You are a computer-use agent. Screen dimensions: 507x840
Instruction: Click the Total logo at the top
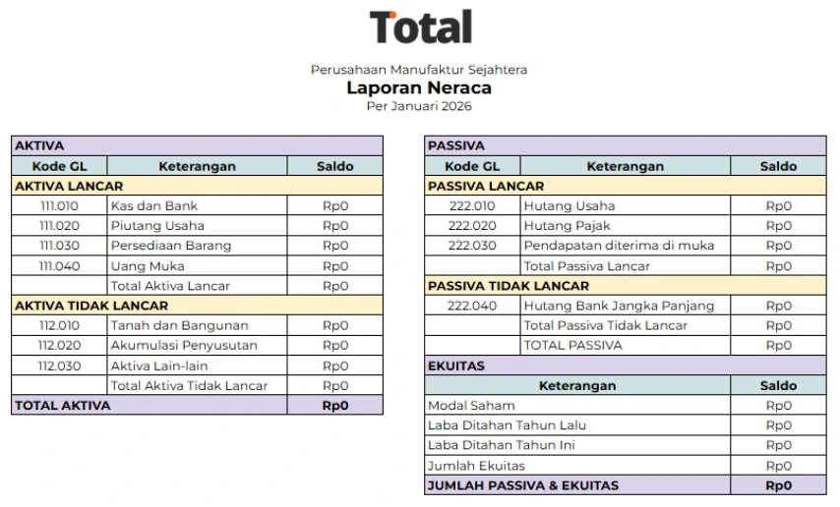point(420,28)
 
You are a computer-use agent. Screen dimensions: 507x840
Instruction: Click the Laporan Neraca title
point(419,87)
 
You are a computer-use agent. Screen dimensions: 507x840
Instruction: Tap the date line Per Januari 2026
point(419,106)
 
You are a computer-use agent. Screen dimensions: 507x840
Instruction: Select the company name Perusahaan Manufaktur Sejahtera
point(419,70)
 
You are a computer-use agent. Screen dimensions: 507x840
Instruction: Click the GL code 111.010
point(59,206)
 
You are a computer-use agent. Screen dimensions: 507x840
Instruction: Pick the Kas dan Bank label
point(154,206)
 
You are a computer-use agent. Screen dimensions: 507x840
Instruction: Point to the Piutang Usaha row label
point(157,226)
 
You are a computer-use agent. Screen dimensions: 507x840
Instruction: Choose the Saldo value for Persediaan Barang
point(335,246)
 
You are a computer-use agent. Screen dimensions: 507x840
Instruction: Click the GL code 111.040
point(59,266)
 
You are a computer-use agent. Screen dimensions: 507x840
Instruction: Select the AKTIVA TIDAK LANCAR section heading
point(91,306)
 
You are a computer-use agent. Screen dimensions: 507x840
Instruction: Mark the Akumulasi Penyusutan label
point(184,346)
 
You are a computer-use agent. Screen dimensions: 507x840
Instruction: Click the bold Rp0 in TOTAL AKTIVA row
point(335,406)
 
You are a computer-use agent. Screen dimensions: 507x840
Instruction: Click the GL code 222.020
point(472,226)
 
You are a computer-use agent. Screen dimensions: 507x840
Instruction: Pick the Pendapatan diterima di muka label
point(619,246)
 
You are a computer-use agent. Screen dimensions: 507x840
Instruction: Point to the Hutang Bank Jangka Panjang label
point(619,306)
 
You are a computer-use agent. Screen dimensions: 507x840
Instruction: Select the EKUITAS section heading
point(456,366)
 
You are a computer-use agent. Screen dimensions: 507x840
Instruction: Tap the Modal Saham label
point(471,406)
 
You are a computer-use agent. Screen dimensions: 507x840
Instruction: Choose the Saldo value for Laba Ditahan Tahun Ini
point(778,445)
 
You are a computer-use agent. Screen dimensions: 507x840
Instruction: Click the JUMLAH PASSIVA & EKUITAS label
point(523,485)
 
